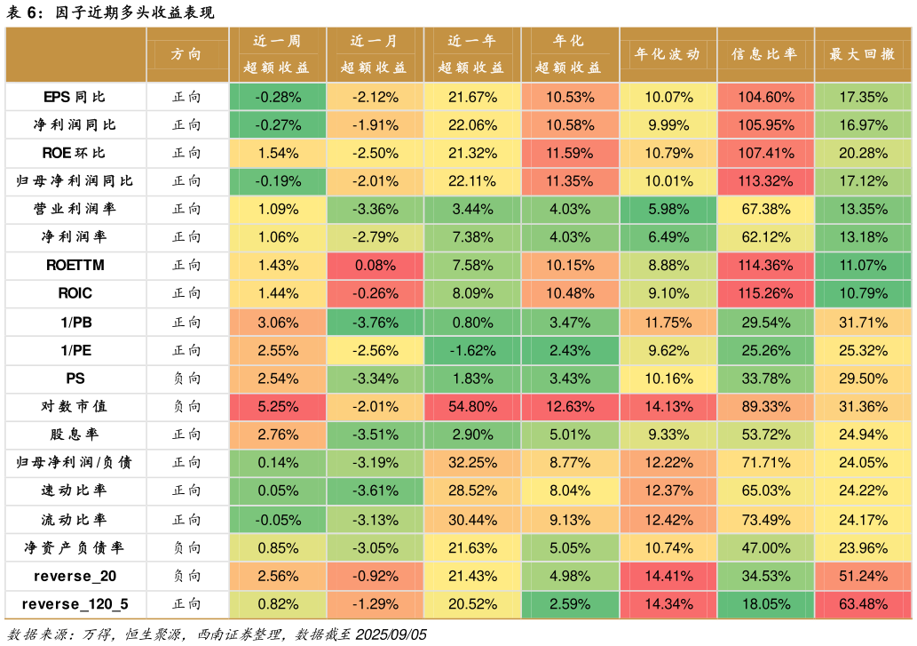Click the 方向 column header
tap(186, 54)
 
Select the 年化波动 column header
tap(668, 54)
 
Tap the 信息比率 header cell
tap(765, 54)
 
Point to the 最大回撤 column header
tap(863, 54)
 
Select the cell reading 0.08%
tap(375, 266)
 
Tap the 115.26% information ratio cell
tap(765, 294)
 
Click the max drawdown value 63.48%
tap(863, 605)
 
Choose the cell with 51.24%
tap(863, 577)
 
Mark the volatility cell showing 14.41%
tap(668, 577)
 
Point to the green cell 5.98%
tap(668, 210)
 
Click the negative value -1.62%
tap(472, 351)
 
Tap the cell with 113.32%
tap(765, 181)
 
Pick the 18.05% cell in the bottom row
tap(765, 605)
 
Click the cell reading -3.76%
tap(375, 323)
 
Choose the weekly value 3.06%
tap(278, 323)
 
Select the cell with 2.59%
tap(570, 605)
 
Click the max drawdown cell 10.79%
tap(863, 294)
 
